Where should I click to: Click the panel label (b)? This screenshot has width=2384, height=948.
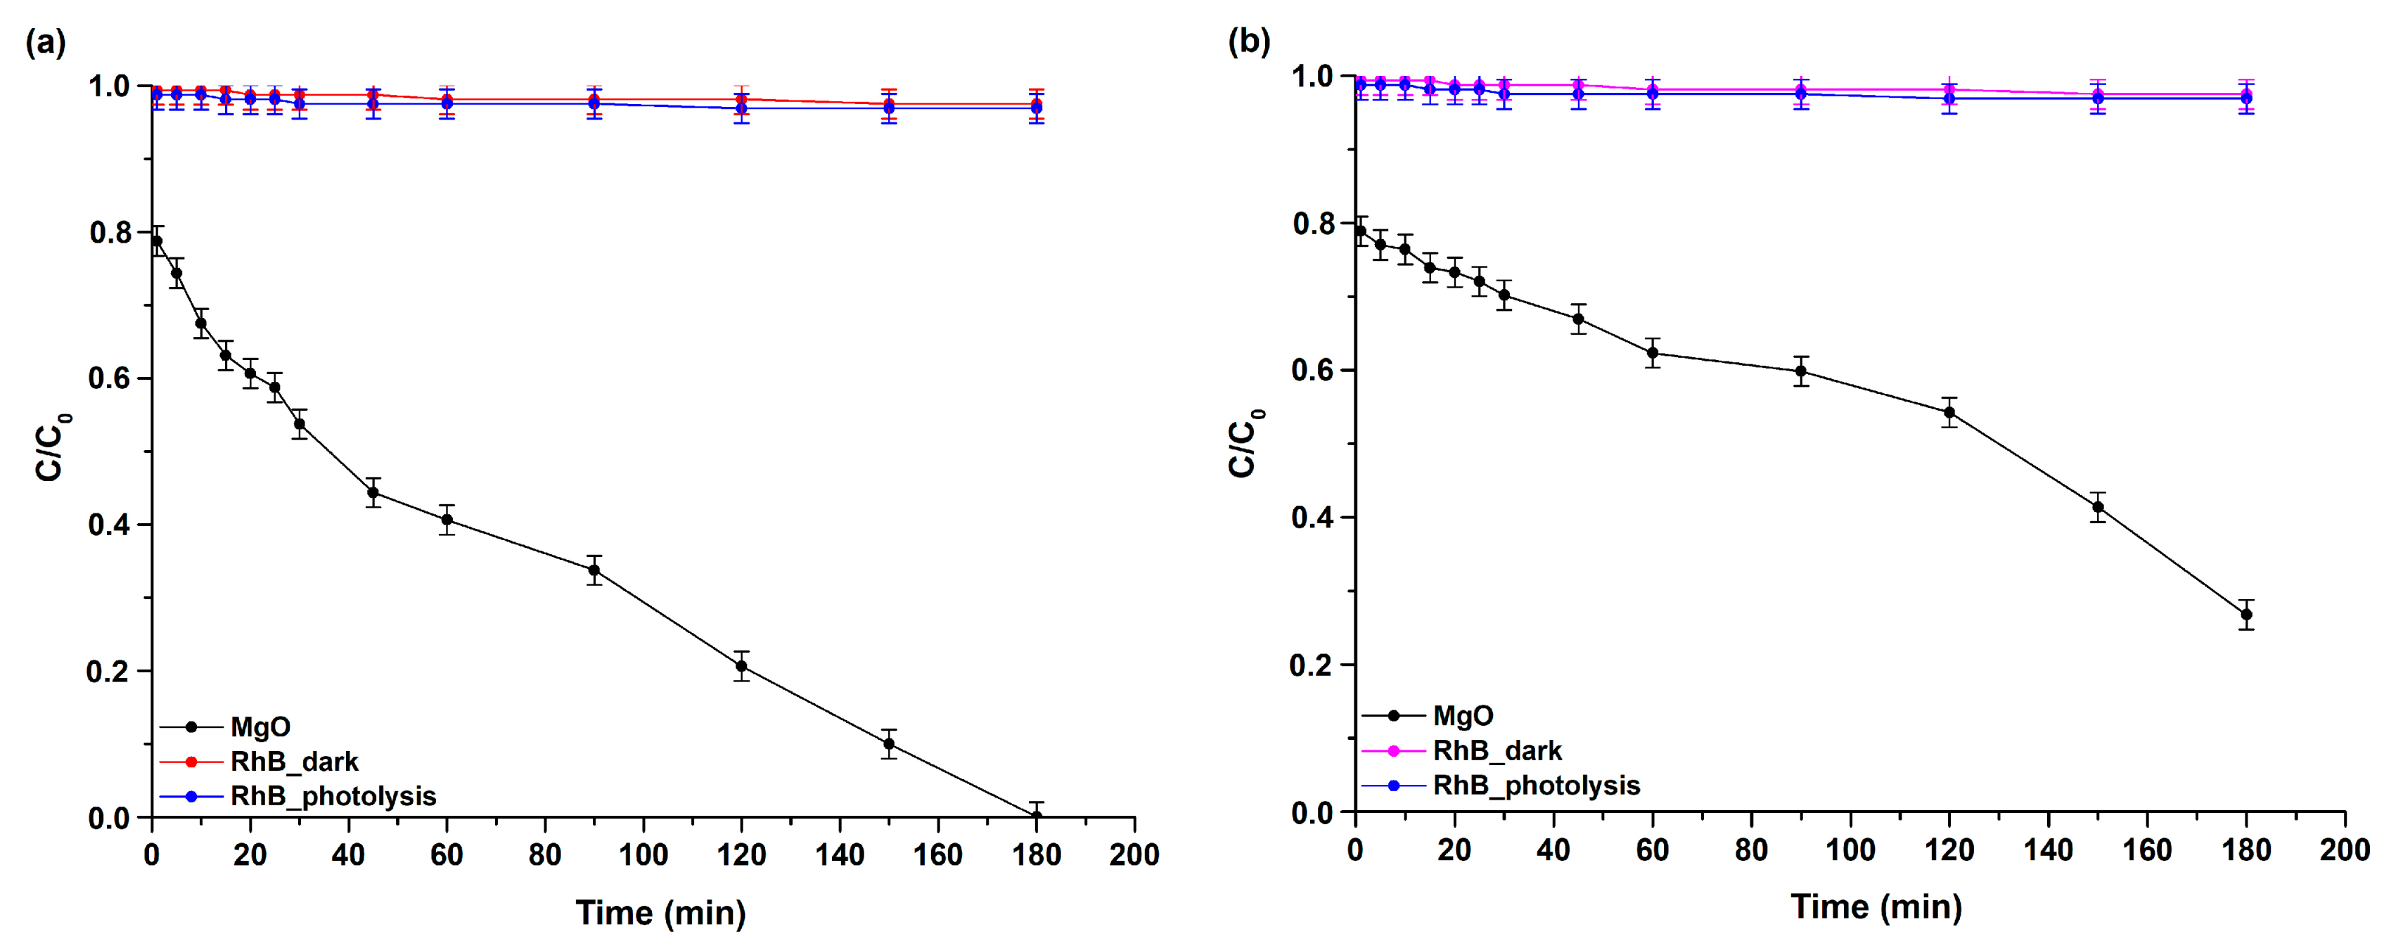pos(1248,41)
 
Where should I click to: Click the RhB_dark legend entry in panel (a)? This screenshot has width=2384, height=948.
pos(293,762)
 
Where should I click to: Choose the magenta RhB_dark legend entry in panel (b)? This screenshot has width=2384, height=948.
pos(1497,751)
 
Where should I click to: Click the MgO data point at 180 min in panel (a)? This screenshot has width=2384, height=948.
pos(1037,816)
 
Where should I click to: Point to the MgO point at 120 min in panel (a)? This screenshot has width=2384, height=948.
pos(741,667)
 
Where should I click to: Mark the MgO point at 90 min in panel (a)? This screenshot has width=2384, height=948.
pos(594,570)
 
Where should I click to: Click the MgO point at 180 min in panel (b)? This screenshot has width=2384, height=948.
pos(2246,615)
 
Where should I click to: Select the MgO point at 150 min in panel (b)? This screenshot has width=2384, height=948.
pos(2098,507)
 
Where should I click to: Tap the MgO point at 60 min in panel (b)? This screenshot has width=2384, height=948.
pos(1653,353)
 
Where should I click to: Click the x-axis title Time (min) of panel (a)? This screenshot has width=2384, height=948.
pos(661,913)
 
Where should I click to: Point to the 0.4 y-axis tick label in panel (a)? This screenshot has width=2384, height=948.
pos(109,525)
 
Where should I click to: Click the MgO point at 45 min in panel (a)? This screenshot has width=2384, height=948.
pos(373,492)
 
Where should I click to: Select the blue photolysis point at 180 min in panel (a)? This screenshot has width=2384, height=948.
pos(1037,108)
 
